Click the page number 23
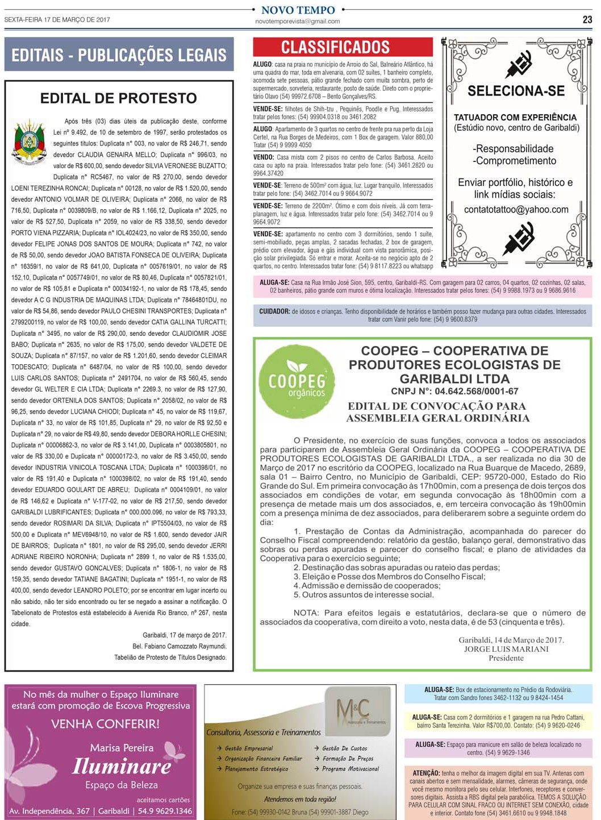(587, 19)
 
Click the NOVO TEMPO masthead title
(298, 10)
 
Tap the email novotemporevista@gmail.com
(298, 22)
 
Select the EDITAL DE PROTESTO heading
(118, 98)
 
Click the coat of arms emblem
(29, 141)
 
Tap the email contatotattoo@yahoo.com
(516, 210)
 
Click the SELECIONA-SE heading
(516, 91)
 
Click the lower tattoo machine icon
(518, 238)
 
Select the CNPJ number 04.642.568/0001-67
(454, 392)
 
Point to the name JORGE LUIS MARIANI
(506, 649)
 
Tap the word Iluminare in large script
(122, 766)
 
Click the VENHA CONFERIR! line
(105, 724)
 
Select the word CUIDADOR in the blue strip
(274, 311)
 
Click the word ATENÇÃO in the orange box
(425, 773)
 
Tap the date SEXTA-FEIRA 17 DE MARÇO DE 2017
(57, 20)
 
